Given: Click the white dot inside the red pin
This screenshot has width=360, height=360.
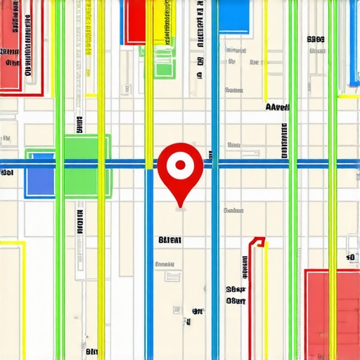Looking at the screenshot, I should point(181,165).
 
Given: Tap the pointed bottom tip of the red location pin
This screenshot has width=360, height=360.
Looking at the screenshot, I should point(181,207).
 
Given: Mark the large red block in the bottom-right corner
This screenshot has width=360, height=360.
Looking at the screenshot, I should point(332,309).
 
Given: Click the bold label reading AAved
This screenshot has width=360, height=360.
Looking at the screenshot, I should point(277,108).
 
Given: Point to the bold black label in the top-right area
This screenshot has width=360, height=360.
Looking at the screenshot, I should point(316,40).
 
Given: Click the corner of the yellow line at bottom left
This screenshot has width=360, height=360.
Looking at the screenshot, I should point(24,243).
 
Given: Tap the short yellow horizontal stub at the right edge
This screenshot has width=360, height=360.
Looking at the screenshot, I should point(348,96).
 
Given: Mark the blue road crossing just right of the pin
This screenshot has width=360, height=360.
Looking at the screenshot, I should point(214,165).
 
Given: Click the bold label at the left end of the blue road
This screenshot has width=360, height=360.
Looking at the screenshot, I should point(7,172).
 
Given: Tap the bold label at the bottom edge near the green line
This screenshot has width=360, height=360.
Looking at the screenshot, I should point(91,351).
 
